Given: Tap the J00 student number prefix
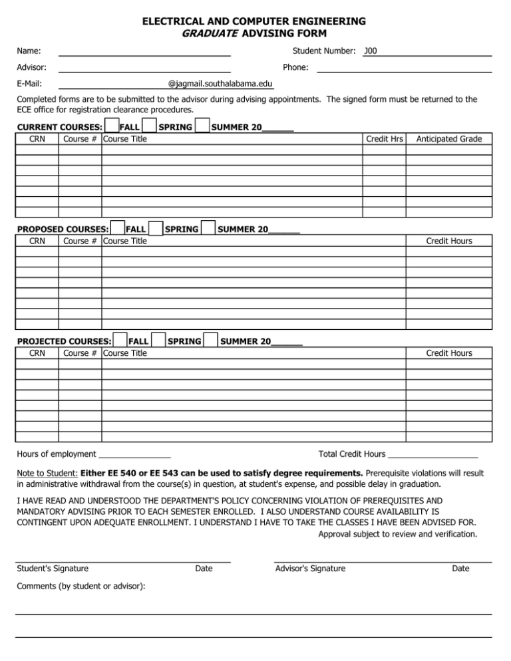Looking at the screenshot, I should [x=371, y=51].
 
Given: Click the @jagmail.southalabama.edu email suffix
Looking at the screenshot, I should [x=220, y=84].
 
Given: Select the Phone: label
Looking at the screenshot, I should [x=295, y=67].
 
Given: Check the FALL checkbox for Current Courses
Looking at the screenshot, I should [x=112, y=126].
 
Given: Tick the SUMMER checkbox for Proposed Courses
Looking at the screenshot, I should [x=208, y=228].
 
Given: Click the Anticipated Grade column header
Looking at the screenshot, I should [x=449, y=139].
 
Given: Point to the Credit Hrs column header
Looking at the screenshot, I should [x=384, y=139].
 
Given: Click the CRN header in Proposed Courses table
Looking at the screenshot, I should [x=37, y=241].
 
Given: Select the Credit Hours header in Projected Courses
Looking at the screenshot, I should [x=449, y=353].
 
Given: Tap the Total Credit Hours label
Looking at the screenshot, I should [x=351, y=454].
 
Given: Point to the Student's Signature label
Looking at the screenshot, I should [x=52, y=569].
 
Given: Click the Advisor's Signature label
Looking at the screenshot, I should [x=309, y=569].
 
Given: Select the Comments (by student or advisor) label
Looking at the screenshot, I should [x=81, y=587].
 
